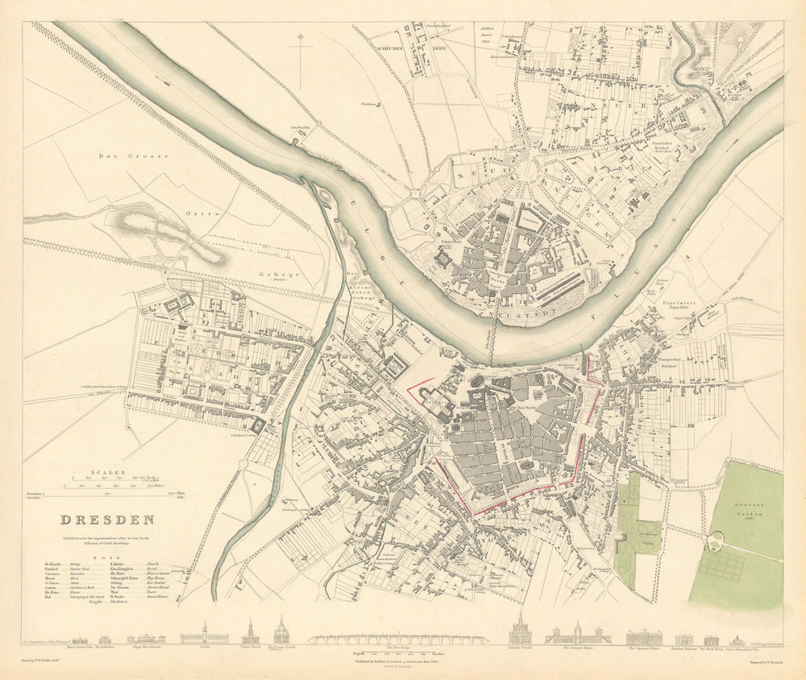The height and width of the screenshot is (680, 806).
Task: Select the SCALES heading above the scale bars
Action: click(x=107, y=473)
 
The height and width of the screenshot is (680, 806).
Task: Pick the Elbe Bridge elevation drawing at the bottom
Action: click(x=399, y=639)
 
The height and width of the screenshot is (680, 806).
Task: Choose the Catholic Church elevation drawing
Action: click(x=518, y=630)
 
